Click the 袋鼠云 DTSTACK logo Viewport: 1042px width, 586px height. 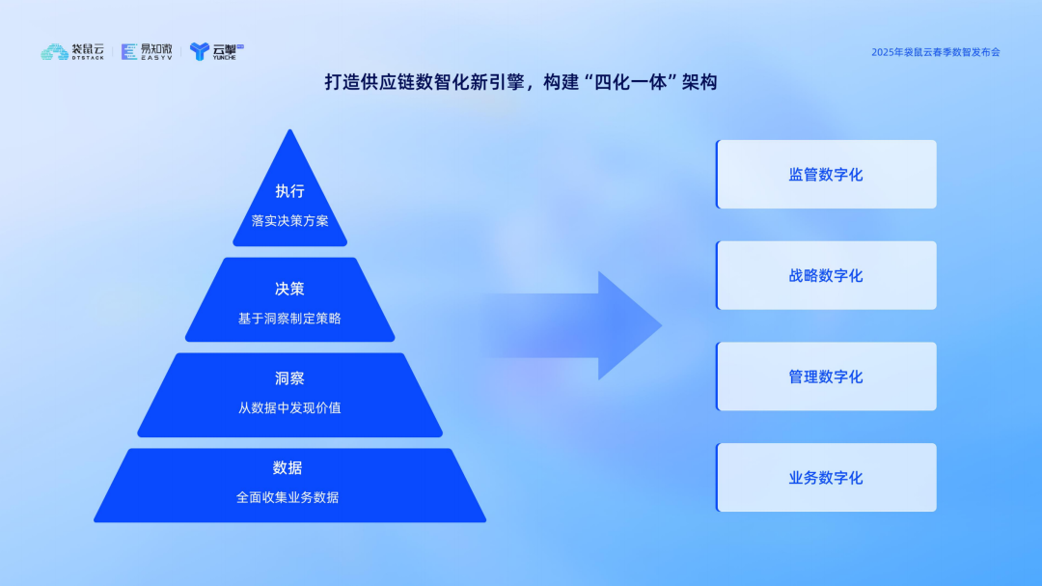74,51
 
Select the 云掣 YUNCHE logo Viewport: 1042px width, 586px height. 216,51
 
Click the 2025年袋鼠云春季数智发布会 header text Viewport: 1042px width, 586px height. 935,52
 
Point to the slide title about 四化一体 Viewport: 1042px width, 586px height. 521,83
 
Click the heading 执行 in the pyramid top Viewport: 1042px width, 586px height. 289,191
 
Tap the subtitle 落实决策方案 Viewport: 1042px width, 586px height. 289,220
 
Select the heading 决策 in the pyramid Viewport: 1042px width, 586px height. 289,289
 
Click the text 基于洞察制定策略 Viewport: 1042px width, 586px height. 289,318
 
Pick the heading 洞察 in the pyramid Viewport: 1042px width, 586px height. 289,378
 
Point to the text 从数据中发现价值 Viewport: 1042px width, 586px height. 289,407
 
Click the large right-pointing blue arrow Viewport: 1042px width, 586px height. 579,325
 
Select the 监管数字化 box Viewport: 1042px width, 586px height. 826,175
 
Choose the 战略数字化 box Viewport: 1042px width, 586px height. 826,276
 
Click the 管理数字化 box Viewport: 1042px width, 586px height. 826,377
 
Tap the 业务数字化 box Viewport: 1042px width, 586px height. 826,478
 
